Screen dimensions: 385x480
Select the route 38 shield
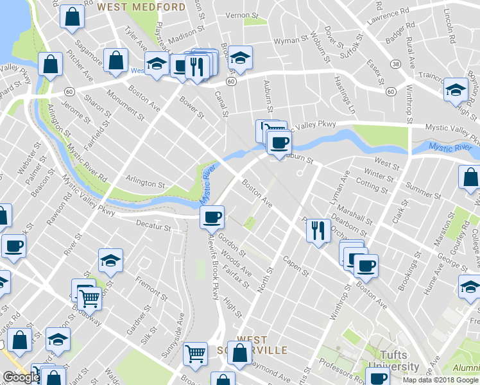point(397,65)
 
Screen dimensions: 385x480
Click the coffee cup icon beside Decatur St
point(212,217)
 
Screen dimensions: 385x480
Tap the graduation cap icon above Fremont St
point(111,260)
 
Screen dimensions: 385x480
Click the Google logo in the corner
point(21,377)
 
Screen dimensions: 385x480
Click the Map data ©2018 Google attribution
point(440,380)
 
